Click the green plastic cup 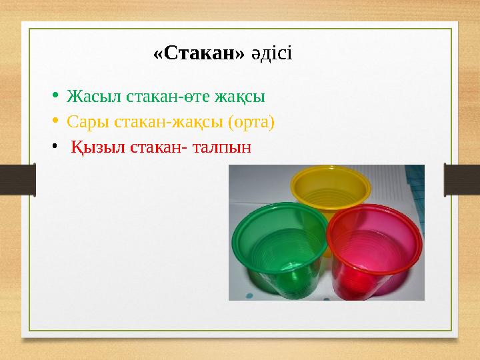click(x=277, y=250)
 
